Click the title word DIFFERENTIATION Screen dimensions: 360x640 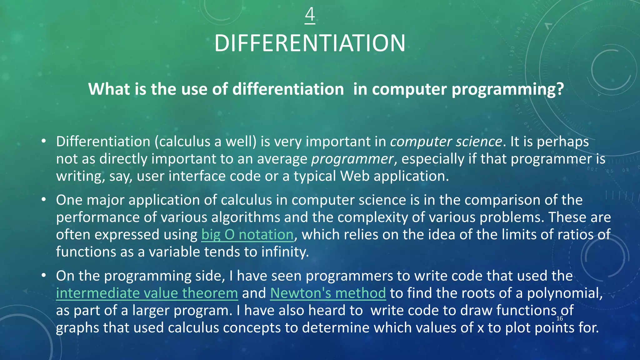tap(310, 43)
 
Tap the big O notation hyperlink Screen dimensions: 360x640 tap(247, 235)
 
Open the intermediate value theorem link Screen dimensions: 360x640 tap(147, 293)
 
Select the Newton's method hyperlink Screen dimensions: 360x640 tap(328, 293)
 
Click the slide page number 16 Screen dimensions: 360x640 tap(560, 318)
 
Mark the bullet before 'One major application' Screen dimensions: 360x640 tap(44, 199)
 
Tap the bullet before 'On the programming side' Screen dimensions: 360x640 tap(44, 275)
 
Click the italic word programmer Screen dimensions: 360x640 tap(352, 159)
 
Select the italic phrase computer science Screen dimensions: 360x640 tap(446, 142)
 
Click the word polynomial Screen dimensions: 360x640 tap(564, 293)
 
